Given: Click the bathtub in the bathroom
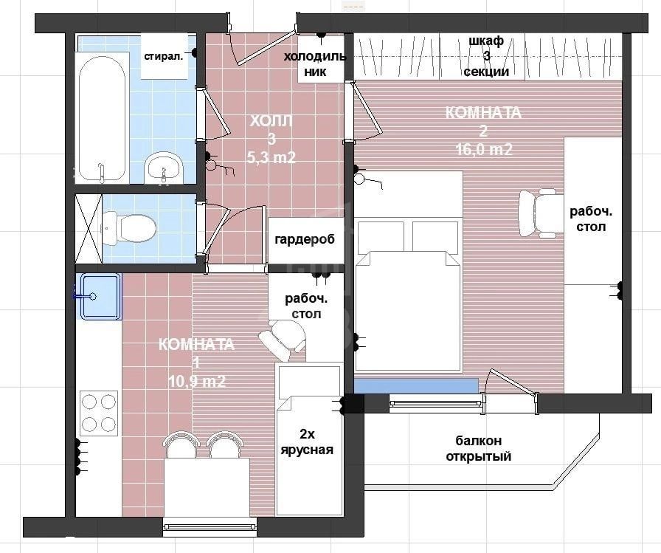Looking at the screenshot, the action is point(102,118).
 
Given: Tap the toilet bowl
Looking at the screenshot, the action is point(129,228).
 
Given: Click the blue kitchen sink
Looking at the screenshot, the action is point(100,297).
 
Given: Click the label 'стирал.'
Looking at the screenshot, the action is point(164,57).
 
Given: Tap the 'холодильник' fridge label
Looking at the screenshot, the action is point(315,63).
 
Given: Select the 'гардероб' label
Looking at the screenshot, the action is point(305,240).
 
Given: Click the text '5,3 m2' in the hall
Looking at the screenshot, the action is point(271,157).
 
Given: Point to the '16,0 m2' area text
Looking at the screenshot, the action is point(484,149).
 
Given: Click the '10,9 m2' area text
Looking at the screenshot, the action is point(197,381).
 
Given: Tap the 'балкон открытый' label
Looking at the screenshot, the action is point(479,448).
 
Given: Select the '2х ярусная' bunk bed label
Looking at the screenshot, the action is point(307,442).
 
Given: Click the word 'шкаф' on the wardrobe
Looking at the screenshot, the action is point(486,41).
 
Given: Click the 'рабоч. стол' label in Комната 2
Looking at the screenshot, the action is point(591,219).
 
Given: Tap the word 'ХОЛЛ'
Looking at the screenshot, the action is point(271,121).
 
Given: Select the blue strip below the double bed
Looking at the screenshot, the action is point(415,385).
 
